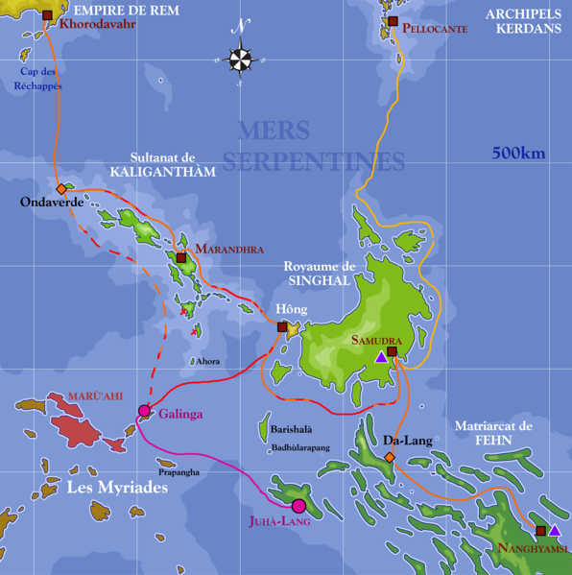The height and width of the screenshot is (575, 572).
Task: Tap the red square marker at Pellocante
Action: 393,21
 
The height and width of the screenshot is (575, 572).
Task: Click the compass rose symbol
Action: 241,60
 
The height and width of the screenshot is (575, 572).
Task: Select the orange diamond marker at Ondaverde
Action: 61,189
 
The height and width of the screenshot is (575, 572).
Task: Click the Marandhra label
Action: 229,249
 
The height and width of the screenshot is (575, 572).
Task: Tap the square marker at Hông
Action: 282,327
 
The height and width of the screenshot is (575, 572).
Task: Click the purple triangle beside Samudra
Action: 381,357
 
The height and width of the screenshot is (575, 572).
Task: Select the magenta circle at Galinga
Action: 144,411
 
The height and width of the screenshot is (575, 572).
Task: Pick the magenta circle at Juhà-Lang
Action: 298,506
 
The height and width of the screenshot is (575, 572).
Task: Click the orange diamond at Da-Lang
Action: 389,458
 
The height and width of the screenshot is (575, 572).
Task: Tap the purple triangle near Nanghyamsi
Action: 554,530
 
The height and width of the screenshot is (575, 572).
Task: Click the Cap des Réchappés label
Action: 38,79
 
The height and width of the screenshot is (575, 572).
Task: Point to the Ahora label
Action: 207,362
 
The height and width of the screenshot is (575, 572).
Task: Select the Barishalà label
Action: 291,430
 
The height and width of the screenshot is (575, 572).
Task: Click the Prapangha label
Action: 179,472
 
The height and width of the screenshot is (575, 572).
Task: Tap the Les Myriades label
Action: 117,489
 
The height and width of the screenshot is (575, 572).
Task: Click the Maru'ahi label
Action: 95,395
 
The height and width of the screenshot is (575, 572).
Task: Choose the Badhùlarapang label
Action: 300,447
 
